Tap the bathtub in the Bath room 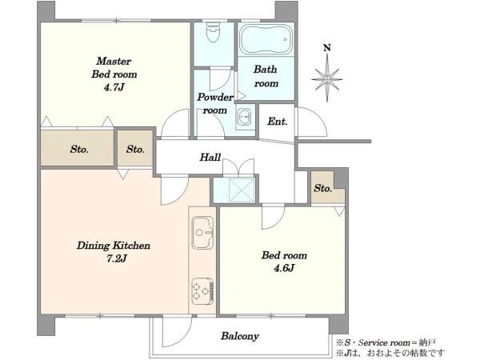coord(266,39)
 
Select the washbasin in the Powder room coord(245,117)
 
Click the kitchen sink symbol coord(202,233)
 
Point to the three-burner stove coord(202,291)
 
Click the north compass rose coord(327,78)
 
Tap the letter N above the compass coord(327,48)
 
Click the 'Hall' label coord(210,158)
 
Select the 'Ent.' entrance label coord(278,122)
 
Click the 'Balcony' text coord(240,336)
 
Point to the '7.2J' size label coord(116,258)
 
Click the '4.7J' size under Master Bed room coord(114,87)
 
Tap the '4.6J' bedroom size coord(284,268)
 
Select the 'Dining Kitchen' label coord(114,246)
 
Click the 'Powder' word coord(215,98)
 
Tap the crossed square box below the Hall coord(242,190)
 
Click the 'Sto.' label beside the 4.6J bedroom coord(322,188)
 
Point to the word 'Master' coord(114,61)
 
